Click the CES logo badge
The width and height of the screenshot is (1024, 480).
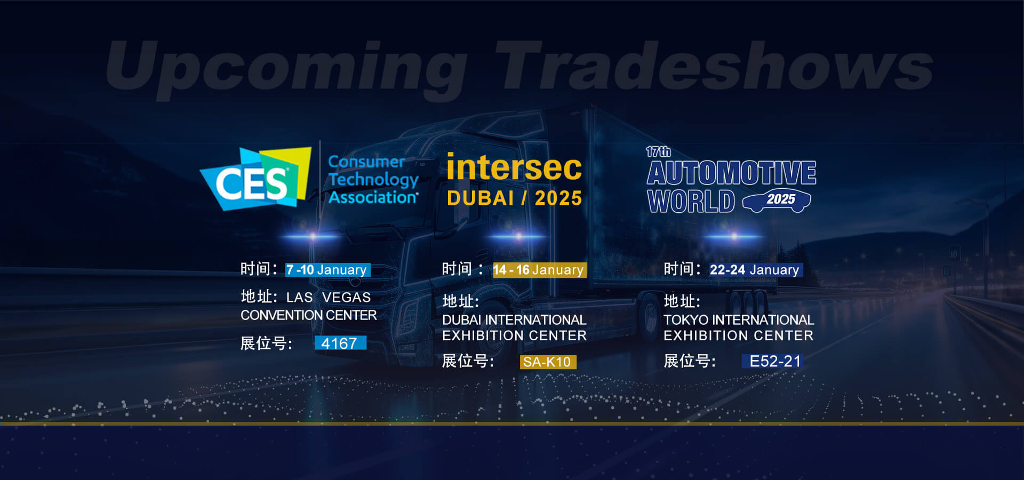coord(255,179)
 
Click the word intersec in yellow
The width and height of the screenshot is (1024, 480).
coord(514,167)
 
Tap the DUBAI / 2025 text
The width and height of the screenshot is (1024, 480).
coord(514,198)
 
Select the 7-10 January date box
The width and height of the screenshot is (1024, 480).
coord(327,270)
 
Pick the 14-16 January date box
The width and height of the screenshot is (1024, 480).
coord(539,270)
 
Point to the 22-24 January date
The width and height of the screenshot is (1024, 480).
coord(755,270)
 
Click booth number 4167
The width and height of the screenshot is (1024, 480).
coord(340,343)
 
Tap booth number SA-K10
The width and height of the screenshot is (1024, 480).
coord(548,362)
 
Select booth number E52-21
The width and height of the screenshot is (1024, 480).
coord(774,361)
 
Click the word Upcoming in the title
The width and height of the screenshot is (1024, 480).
coord(287,68)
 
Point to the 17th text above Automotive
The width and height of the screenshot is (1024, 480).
coord(658,151)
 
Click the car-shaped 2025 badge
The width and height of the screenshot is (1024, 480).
coord(777,200)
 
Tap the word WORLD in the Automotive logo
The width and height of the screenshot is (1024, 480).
coord(691,201)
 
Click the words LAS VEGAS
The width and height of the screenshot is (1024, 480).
coord(329,297)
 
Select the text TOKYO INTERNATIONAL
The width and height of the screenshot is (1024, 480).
coord(739,320)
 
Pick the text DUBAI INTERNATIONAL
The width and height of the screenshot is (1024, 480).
coord(514,320)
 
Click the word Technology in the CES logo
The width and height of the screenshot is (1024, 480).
coord(373,180)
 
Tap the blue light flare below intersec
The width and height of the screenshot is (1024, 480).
coord(518,236)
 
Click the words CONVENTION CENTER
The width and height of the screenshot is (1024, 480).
coord(309,315)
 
